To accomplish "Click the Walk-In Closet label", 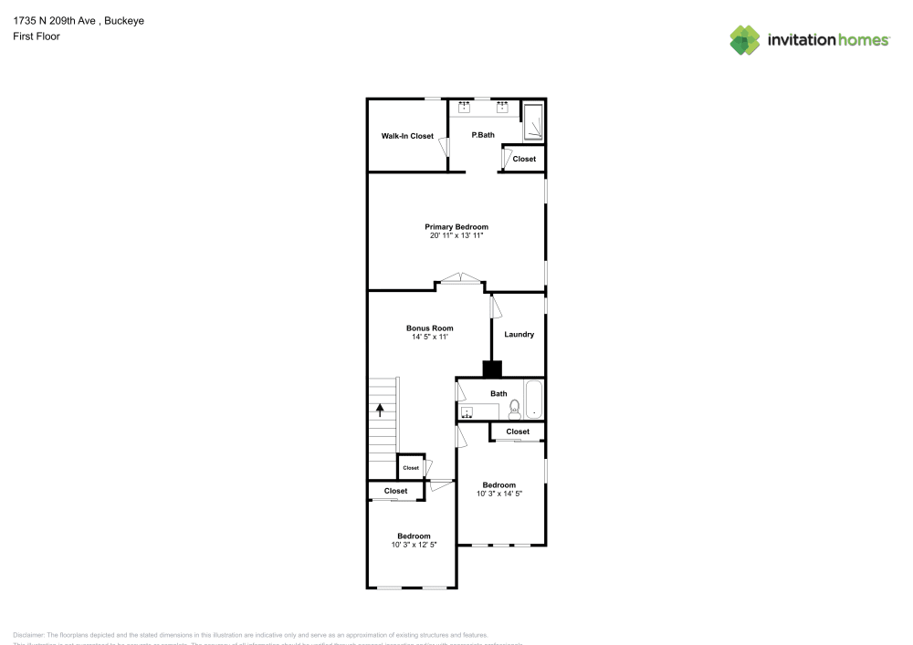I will coord(407,136).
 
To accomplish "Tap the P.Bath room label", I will coord(483,136).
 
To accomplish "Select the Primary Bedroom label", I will coord(456,226).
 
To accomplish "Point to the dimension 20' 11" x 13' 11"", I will coord(456,235).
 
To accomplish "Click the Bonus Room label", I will coord(429,328).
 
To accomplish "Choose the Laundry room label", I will coord(519,335).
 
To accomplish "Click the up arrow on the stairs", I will coord(380,411).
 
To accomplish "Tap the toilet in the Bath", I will coord(514,408).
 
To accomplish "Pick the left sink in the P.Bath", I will coord(465,107).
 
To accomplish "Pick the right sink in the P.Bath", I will coord(502,107).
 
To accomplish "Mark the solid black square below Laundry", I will coord(492,369).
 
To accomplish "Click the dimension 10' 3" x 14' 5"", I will coord(498,494).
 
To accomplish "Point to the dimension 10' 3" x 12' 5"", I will coord(414,545).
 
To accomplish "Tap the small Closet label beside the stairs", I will coord(411,468).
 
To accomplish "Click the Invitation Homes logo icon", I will coord(745,39).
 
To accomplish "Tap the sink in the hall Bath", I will coord(468,412).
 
